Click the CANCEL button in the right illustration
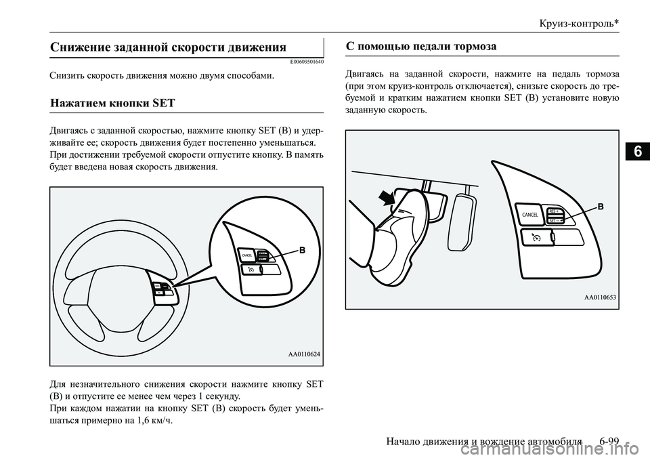click(529, 214)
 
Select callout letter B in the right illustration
click(599, 206)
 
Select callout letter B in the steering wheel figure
click(302, 250)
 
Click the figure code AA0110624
click(304, 354)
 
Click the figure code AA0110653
click(600, 297)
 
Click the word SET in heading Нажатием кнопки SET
click(164, 104)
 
